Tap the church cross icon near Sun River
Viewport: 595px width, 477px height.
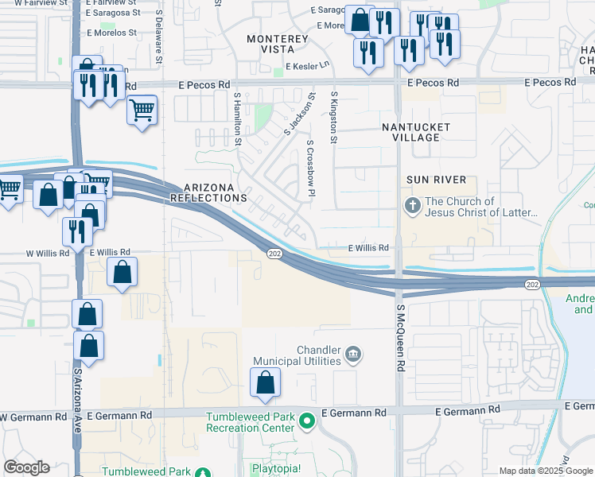(412, 206)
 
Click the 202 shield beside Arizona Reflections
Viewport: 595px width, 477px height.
(274, 252)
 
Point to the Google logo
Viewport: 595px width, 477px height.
(26, 467)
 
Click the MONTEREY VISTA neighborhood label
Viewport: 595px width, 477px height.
(277, 44)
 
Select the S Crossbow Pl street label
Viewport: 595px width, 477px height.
(310, 172)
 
